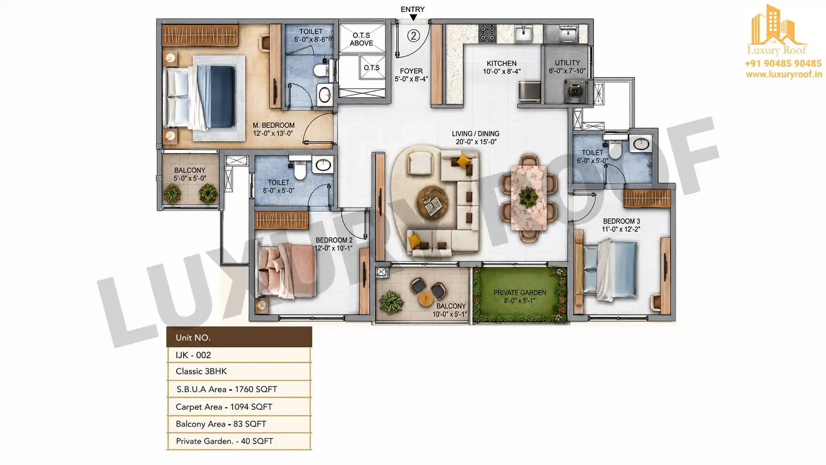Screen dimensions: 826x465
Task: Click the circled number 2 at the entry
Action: coord(413,35)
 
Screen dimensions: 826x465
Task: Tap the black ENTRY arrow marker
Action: coord(413,18)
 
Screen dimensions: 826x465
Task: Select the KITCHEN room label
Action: coord(502,63)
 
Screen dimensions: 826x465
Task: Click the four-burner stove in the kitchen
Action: coord(488,34)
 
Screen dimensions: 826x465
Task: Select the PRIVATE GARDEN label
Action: coord(520,293)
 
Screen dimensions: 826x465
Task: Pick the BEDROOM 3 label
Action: coord(621,221)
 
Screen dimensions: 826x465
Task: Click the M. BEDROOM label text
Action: coord(273,125)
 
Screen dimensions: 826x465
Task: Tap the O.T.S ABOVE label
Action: coord(361,39)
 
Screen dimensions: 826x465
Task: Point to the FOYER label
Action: coord(411,71)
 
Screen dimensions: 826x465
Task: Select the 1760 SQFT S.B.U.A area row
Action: coord(227,389)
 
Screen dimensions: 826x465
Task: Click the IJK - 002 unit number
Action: coord(193,355)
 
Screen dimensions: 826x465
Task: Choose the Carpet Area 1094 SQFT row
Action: coord(224,407)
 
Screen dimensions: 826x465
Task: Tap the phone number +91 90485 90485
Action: coord(783,64)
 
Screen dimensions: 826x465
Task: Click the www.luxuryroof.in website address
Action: coord(784,74)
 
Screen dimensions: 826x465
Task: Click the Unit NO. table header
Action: coord(193,338)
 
